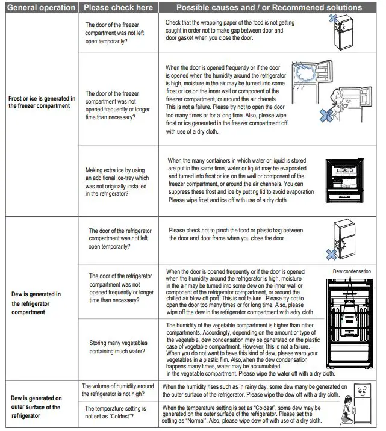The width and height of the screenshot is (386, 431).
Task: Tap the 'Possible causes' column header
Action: [x=269, y=8]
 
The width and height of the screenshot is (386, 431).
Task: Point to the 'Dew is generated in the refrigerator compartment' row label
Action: [x=37, y=303]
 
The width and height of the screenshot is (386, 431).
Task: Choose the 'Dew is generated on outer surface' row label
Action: [x=37, y=407]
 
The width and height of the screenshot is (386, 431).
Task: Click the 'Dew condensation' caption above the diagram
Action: [x=352, y=272]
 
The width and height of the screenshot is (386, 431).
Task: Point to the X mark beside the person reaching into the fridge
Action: [x=326, y=116]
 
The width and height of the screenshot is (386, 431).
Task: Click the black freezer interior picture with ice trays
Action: [x=349, y=182]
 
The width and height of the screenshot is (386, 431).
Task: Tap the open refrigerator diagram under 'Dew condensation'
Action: [x=352, y=328]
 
